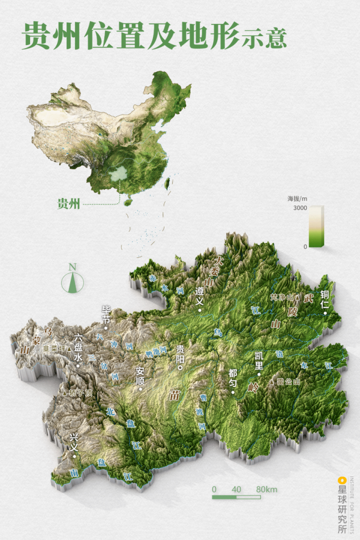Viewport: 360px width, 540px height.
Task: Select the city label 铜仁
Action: pos(325,299)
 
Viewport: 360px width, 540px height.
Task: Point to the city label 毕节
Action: pos(107,314)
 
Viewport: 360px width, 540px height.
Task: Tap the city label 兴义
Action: pos(74,442)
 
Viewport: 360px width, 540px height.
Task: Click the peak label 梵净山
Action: pos(281,297)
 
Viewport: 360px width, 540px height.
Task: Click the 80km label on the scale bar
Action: pos(267,490)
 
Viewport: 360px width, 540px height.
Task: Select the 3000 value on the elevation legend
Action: pos(301,208)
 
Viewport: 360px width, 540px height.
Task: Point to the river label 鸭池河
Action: pos(156,350)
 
